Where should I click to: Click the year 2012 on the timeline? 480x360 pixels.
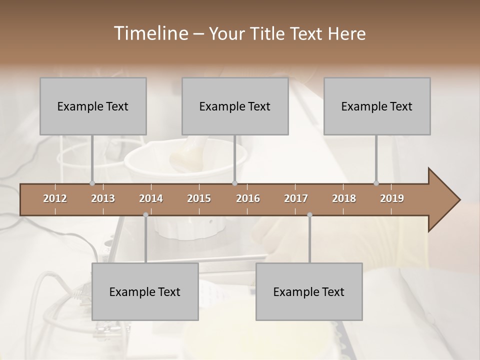(x=55, y=198)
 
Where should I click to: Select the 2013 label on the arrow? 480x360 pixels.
(x=103, y=198)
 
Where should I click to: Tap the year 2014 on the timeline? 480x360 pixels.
(x=151, y=198)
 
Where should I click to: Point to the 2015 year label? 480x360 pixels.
(x=199, y=198)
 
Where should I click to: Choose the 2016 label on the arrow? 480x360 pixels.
(x=248, y=198)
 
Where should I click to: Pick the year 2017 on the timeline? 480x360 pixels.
(x=296, y=198)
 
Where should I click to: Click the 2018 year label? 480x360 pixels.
(x=344, y=198)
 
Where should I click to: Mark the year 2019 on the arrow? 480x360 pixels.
(x=392, y=198)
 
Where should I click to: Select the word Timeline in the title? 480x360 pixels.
(x=150, y=33)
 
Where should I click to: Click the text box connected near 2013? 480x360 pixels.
(x=93, y=106)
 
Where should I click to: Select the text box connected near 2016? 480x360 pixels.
(x=235, y=106)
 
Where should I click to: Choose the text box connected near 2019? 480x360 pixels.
(x=377, y=106)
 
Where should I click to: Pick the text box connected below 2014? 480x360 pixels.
(x=145, y=291)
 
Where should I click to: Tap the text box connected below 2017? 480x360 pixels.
(x=309, y=291)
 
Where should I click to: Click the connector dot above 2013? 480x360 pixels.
(x=92, y=183)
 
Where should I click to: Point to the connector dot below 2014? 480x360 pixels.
(x=145, y=214)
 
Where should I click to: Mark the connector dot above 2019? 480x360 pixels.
(x=376, y=183)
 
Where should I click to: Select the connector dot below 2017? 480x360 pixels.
(x=309, y=214)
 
